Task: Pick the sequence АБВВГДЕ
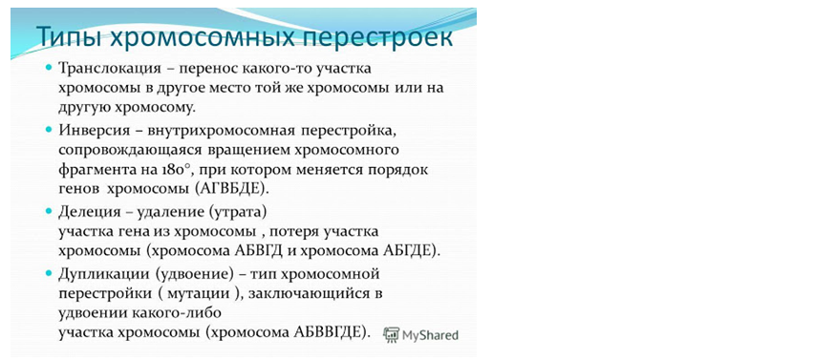332,332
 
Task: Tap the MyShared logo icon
391,334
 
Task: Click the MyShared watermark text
430,335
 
